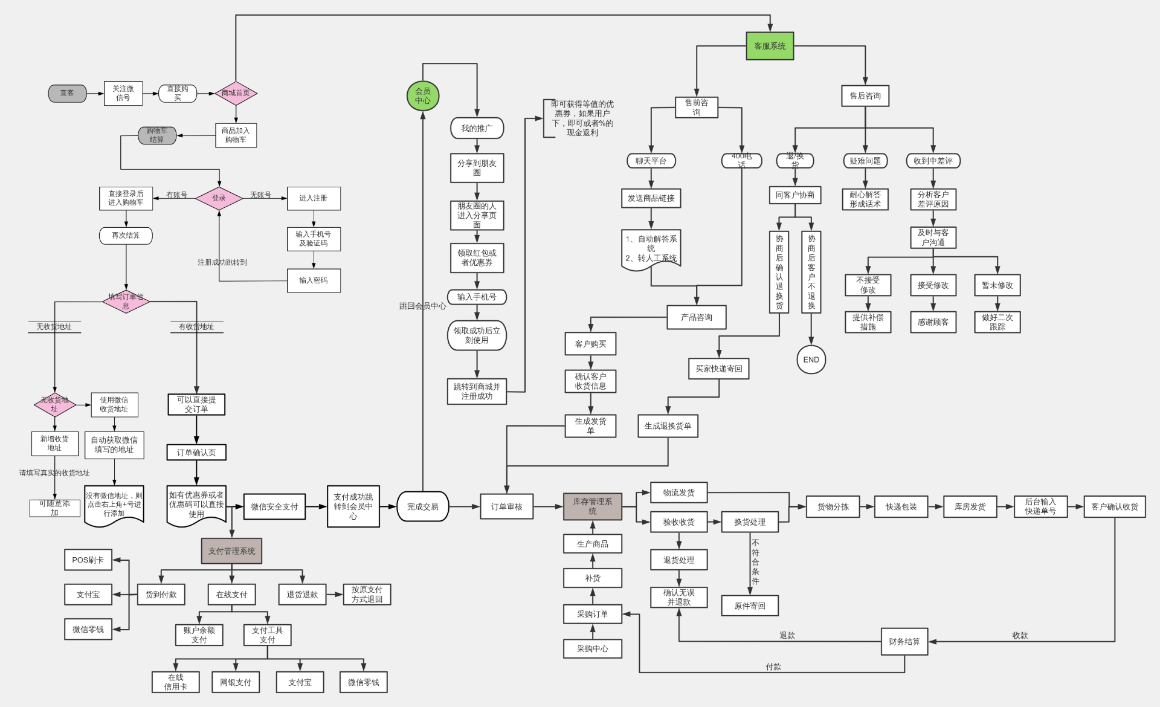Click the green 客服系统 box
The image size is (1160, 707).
(770, 46)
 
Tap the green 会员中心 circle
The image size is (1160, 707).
(422, 96)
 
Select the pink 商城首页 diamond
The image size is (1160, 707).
(236, 93)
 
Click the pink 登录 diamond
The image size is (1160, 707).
(219, 198)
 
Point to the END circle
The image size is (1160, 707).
(811, 360)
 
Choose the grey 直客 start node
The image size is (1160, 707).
(67, 93)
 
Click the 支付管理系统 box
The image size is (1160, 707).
(231, 551)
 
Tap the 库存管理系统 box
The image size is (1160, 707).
(592, 506)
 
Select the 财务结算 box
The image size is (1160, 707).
(904, 642)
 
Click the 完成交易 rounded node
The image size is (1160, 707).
(422, 506)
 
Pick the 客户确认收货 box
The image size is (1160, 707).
(1115, 506)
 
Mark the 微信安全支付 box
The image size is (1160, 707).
(274, 506)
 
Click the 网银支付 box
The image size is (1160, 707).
(235, 682)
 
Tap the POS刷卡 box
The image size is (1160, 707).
(88, 560)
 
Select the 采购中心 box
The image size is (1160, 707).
(592, 648)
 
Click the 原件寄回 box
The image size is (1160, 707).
(749, 605)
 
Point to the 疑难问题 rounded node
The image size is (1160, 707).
(865, 161)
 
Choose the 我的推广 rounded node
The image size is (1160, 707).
(477, 128)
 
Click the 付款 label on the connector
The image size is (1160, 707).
(773, 667)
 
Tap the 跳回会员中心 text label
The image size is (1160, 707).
(422, 306)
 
